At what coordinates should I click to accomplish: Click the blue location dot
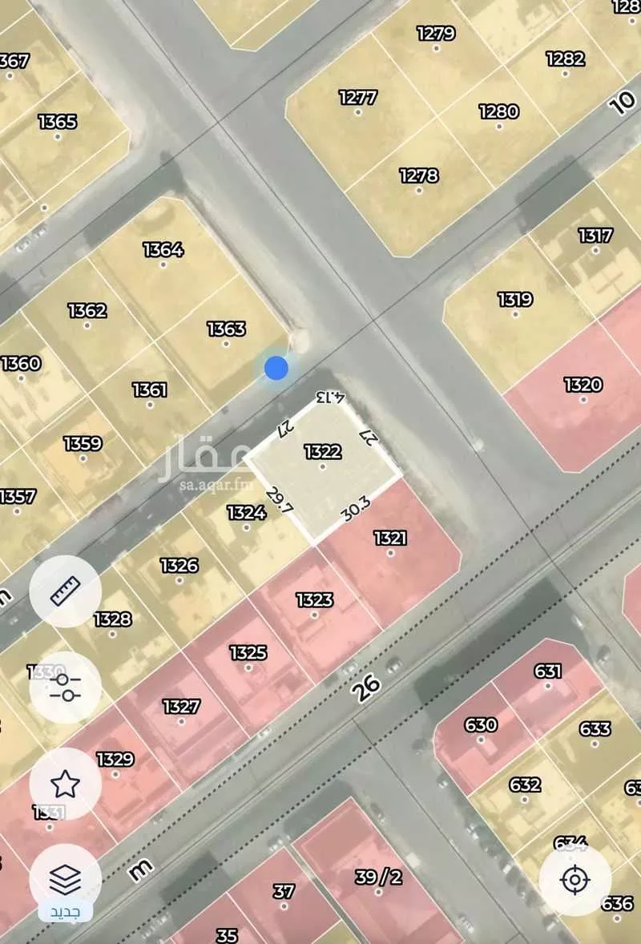click(276, 368)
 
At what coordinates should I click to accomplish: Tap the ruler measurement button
click(65, 591)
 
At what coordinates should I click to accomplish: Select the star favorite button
click(65, 783)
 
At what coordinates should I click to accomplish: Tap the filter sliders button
click(65, 687)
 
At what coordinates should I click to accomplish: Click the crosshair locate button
click(574, 881)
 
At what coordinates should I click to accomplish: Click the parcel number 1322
click(323, 452)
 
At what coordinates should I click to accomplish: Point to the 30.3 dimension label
click(355, 510)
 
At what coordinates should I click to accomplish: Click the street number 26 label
click(365, 687)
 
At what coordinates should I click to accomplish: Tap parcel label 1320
click(583, 385)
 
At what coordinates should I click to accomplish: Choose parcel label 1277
click(358, 98)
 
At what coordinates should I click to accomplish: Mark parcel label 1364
click(163, 250)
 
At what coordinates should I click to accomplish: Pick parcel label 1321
click(390, 539)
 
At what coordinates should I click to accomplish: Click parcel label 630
click(481, 725)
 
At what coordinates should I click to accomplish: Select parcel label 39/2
click(378, 877)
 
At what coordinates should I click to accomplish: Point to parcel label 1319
click(514, 300)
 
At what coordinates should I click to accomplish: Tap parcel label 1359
click(83, 444)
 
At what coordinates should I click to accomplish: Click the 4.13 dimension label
click(330, 397)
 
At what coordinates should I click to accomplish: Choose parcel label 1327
click(181, 706)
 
